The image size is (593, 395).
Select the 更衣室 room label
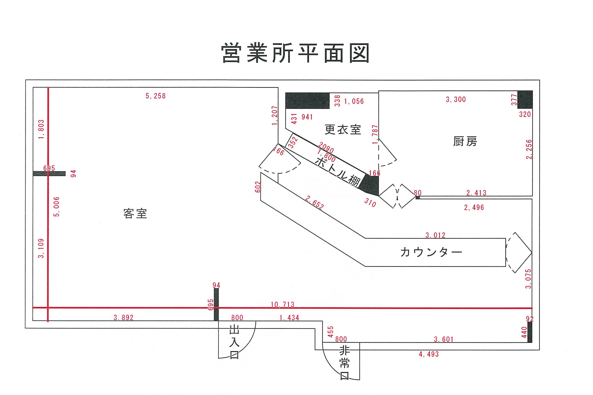point(343,129)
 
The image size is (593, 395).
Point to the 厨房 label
point(465,141)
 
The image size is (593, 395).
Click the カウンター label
point(431,252)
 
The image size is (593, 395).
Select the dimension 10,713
point(282,305)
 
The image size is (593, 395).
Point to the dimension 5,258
point(156,96)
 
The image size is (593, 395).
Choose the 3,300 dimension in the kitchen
point(456,99)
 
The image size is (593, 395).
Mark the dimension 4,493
point(429,354)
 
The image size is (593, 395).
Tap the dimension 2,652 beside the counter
point(314,203)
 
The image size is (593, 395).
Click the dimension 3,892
point(123,318)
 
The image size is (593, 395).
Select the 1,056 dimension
point(354,101)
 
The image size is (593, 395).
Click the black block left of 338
point(307,100)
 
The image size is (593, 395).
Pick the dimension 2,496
point(474,208)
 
